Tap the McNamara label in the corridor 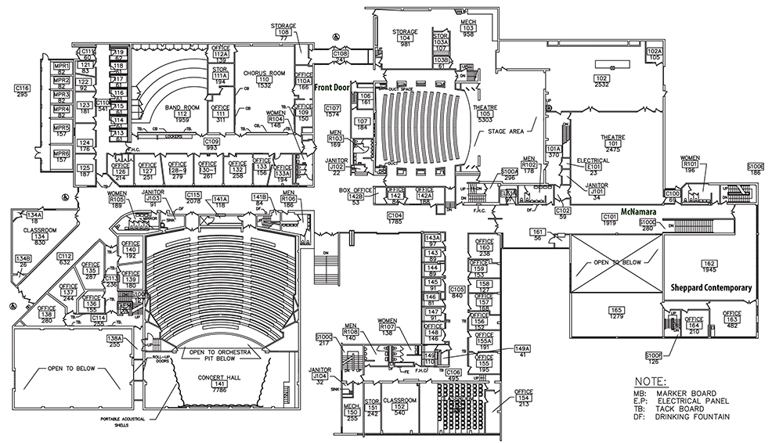638,211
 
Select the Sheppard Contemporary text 711,287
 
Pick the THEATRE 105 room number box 485,114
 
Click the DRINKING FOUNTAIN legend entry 681,417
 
